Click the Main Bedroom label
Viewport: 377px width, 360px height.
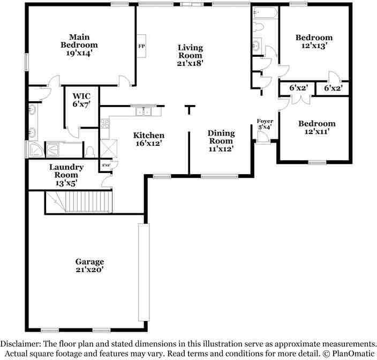point(79,45)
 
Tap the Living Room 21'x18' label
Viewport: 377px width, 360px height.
point(190,55)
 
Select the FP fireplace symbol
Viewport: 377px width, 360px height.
point(142,47)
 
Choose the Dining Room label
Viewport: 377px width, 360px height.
point(221,141)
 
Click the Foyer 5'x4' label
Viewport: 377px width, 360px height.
point(265,124)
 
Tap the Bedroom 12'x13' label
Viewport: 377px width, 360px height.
point(314,42)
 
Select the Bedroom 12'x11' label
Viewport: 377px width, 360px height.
point(316,127)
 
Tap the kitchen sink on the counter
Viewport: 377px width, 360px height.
point(143,111)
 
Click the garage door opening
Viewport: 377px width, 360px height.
point(144,272)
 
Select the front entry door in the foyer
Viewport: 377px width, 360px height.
point(262,138)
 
